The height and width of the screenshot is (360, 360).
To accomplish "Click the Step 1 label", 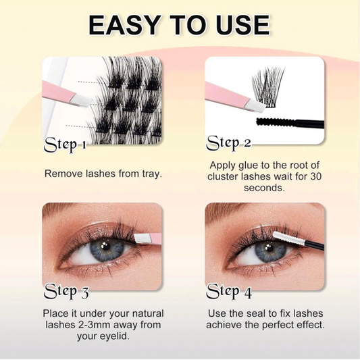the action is tap(65, 145).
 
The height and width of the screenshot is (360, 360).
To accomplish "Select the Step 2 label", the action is tap(228, 143).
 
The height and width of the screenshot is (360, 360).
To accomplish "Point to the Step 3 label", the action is tap(66, 292).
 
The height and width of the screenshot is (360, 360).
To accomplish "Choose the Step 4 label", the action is tap(229, 292).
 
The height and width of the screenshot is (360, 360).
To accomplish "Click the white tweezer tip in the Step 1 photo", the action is tap(82, 101).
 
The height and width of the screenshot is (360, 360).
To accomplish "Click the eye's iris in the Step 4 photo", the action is tap(269, 251).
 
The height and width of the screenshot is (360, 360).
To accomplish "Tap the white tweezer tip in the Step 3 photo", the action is tap(143, 239).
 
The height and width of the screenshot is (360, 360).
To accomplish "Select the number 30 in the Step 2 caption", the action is tap(315, 176).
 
